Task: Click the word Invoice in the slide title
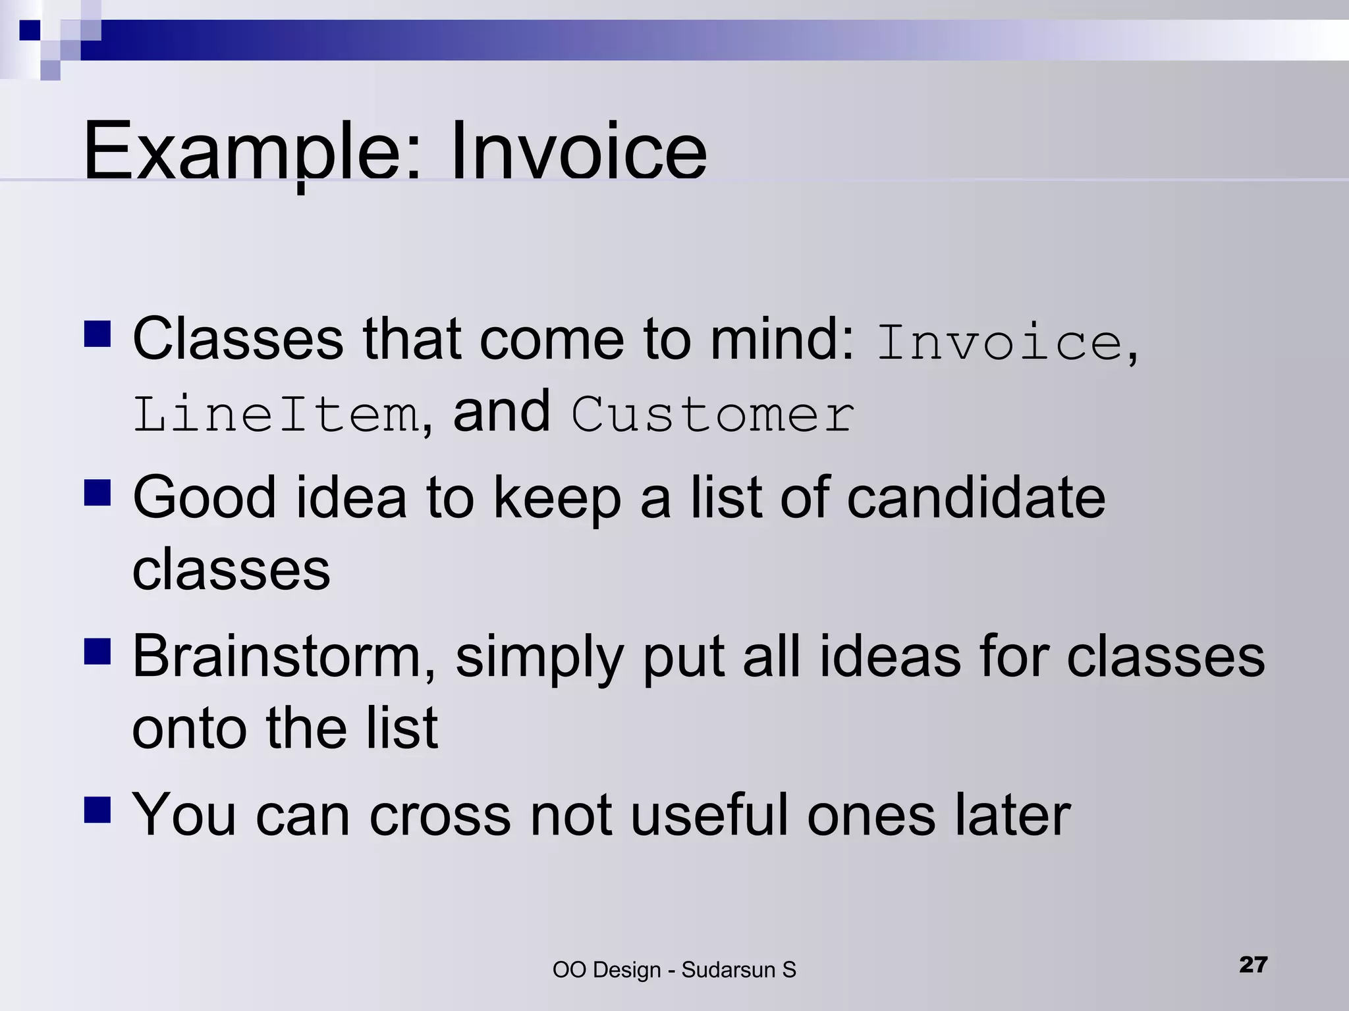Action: [x=578, y=151]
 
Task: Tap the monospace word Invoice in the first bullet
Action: [x=999, y=342]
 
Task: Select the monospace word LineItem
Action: [x=275, y=415]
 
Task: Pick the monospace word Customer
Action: [x=713, y=415]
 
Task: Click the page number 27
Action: [x=1253, y=965]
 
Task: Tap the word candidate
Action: [x=976, y=498]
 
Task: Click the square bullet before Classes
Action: [x=97, y=334]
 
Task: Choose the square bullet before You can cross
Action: [x=97, y=810]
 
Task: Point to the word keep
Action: [x=557, y=498]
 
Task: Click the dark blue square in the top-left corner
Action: [x=30, y=30]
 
